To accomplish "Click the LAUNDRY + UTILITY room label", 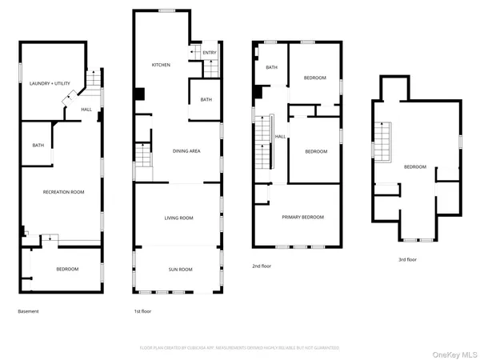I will pyautogui.click(x=50, y=83).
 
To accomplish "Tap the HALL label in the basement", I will pyautogui.click(x=86, y=110).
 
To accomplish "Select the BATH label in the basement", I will pyautogui.click(x=38, y=146).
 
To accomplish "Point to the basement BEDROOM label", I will pyautogui.click(x=67, y=270).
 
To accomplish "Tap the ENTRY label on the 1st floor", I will pyautogui.click(x=209, y=53).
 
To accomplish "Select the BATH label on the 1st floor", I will pyautogui.click(x=206, y=100).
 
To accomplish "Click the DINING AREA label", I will pyautogui.click(x=186, y=150).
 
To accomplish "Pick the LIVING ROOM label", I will pyautogui.click(x=178, y=218).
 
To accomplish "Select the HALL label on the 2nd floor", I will pyautogui.click(x=281, y=136).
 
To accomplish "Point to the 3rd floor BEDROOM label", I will pyautogui.click(x=414, y=166).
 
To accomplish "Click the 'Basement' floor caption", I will pyautogui.click(x=28, y=311).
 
